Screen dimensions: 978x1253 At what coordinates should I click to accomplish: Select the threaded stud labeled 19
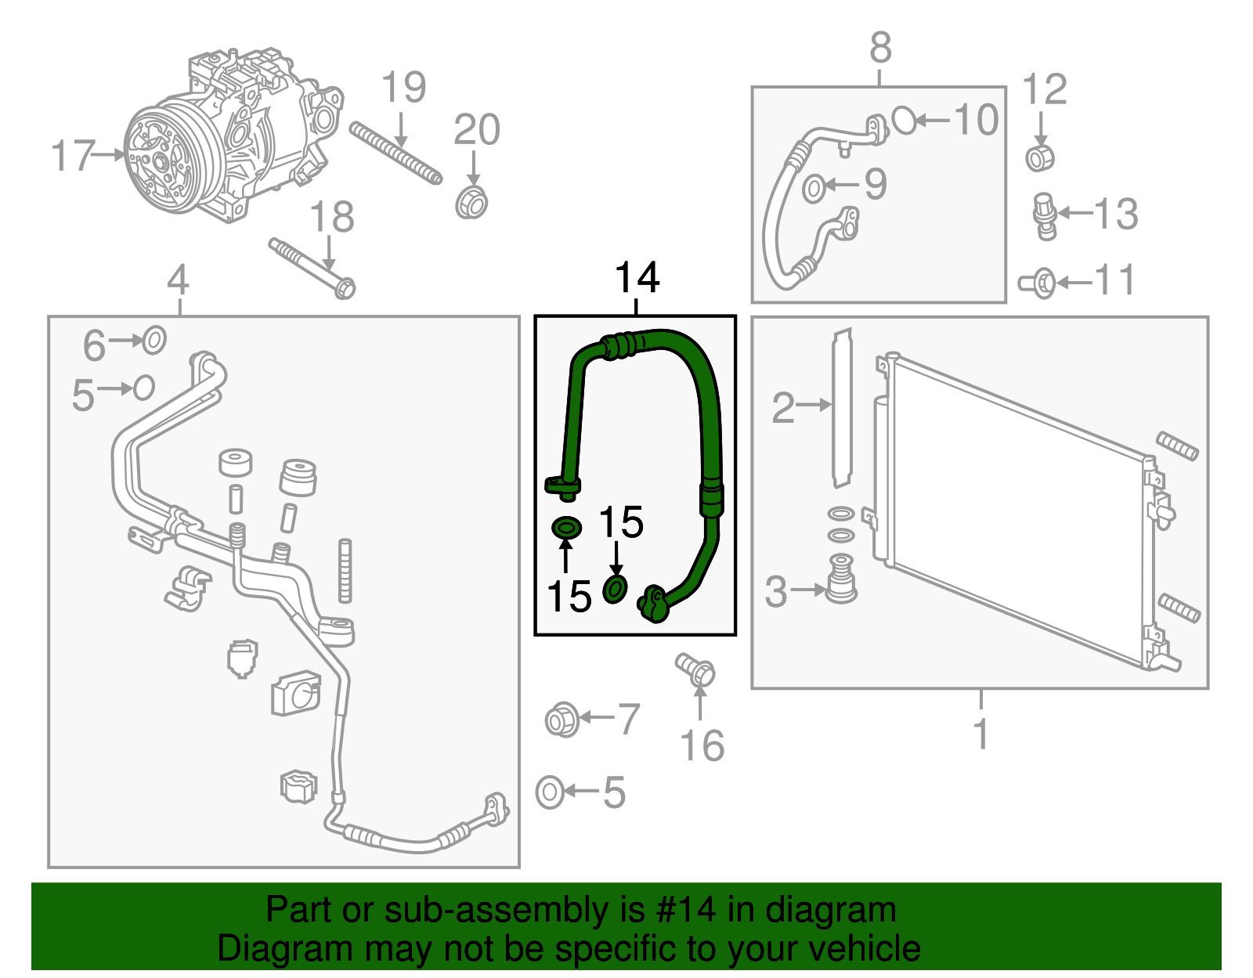[x=395, y=153]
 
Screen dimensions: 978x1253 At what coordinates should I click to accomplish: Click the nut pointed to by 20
[x=471, y=203]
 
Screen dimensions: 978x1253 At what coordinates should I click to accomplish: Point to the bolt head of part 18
[x=344, y=287]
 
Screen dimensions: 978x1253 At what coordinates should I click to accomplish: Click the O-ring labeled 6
[x=154, y=341]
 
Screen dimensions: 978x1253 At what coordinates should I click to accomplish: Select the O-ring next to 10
[x=904, y=120]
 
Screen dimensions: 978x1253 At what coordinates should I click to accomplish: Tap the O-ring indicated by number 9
[x=814, y=188]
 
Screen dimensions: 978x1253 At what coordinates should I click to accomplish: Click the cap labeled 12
[x=1040, y=157]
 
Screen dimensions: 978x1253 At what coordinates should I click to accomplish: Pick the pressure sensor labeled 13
[x=1045, y=215]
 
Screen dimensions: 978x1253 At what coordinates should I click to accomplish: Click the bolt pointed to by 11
[x=1039, y=283]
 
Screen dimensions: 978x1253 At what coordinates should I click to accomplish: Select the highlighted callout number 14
[x=637, y=278]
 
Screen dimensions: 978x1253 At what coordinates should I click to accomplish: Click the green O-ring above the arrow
[x=566, y=528]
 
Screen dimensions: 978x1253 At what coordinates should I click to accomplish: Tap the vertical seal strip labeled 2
[x=842, y=407]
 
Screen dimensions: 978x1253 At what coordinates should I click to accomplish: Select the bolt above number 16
[x=695, y=669]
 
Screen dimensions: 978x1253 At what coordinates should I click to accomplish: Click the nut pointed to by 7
[x=562, y=719]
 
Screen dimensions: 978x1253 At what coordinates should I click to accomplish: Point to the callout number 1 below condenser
[x=980, y=734]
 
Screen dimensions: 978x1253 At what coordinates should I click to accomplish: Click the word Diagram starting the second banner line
[x=264, y=948]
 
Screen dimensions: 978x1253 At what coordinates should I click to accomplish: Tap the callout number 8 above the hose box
[x=880, y=49]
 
